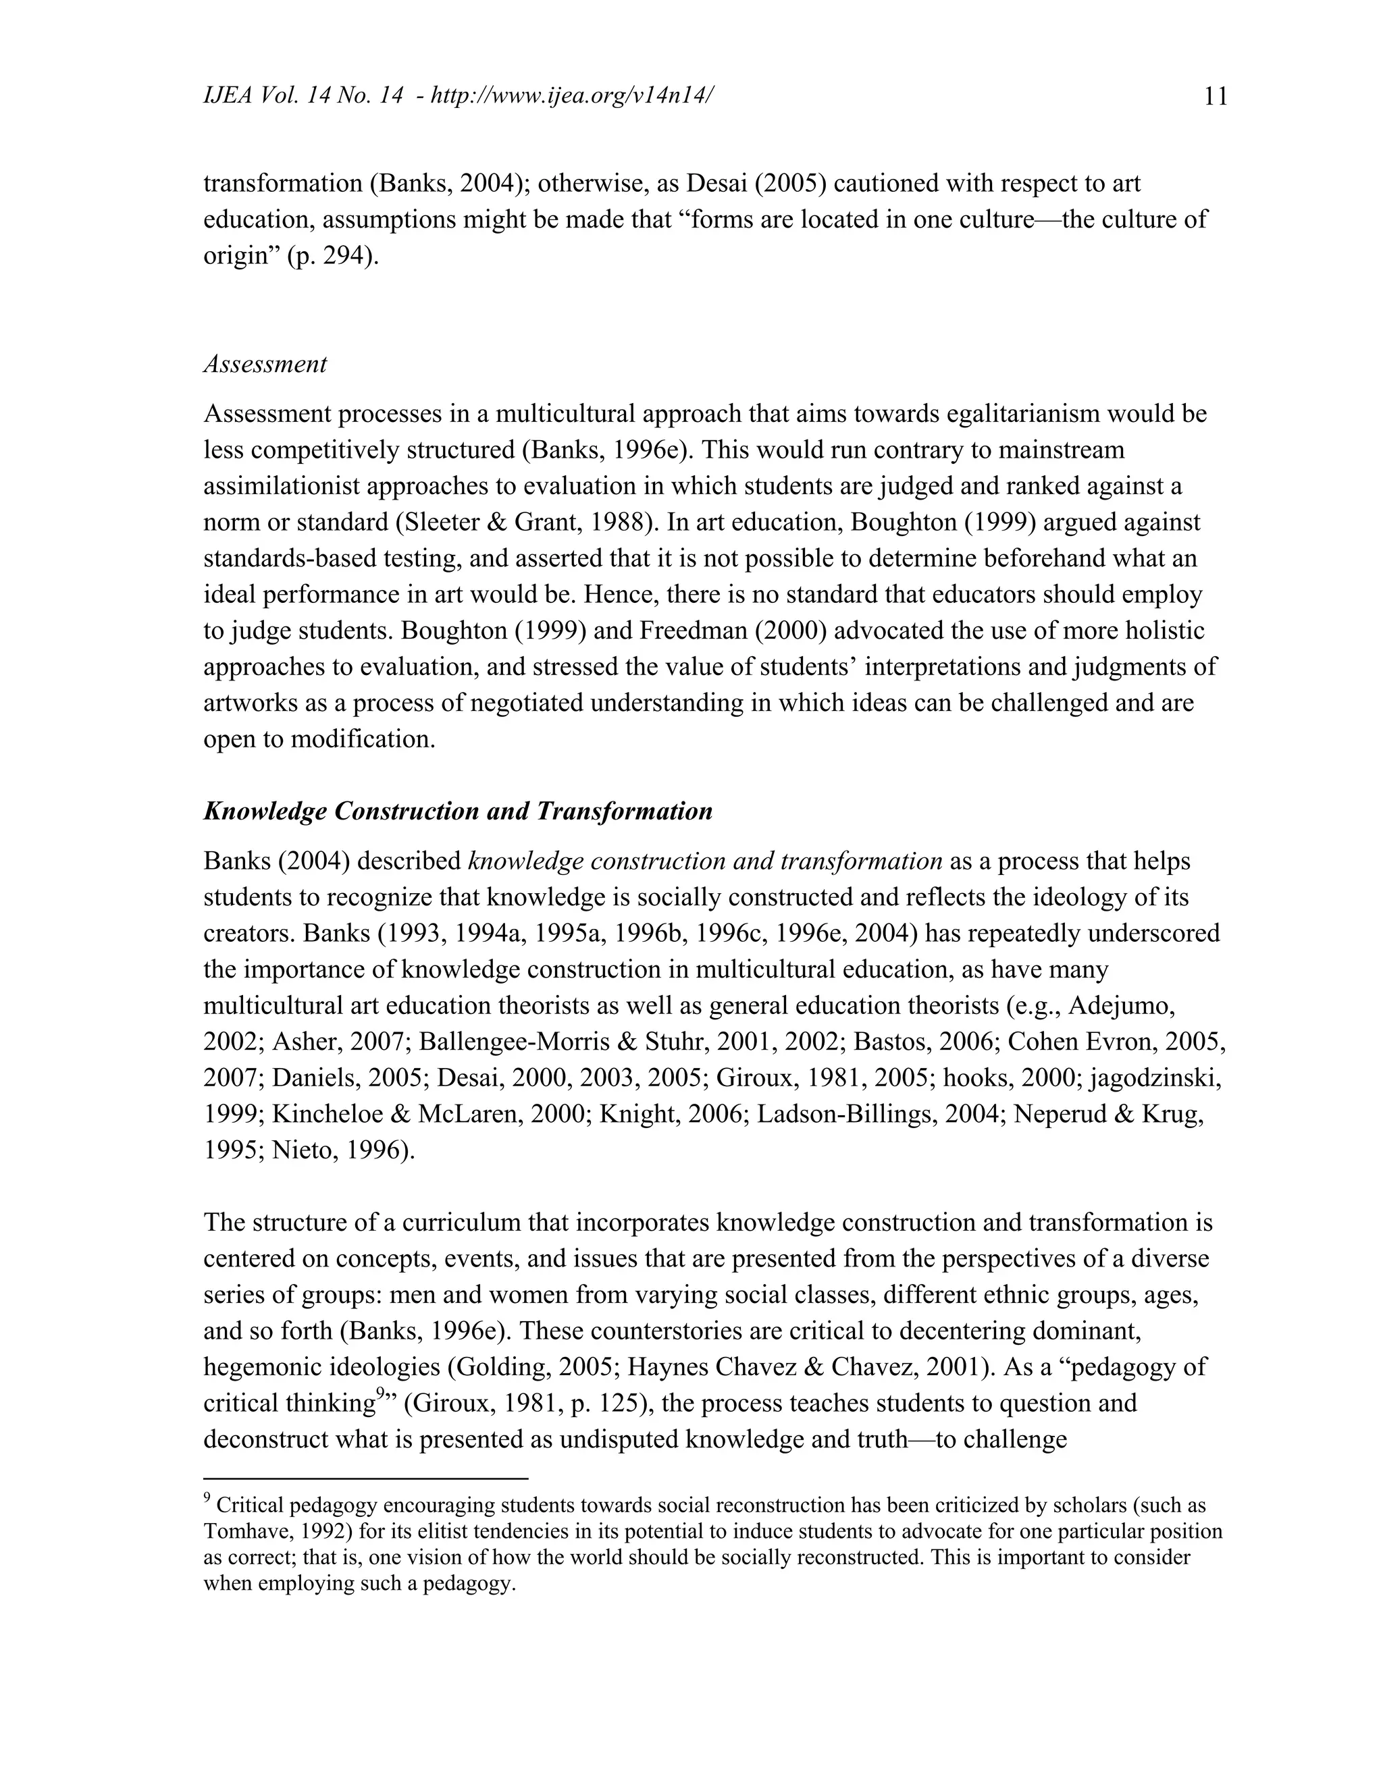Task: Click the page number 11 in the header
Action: pos(1216,97)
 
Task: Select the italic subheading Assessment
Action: pos(265,364)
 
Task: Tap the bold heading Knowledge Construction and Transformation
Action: pos(457,811)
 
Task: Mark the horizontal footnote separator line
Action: pos(365,1478)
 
